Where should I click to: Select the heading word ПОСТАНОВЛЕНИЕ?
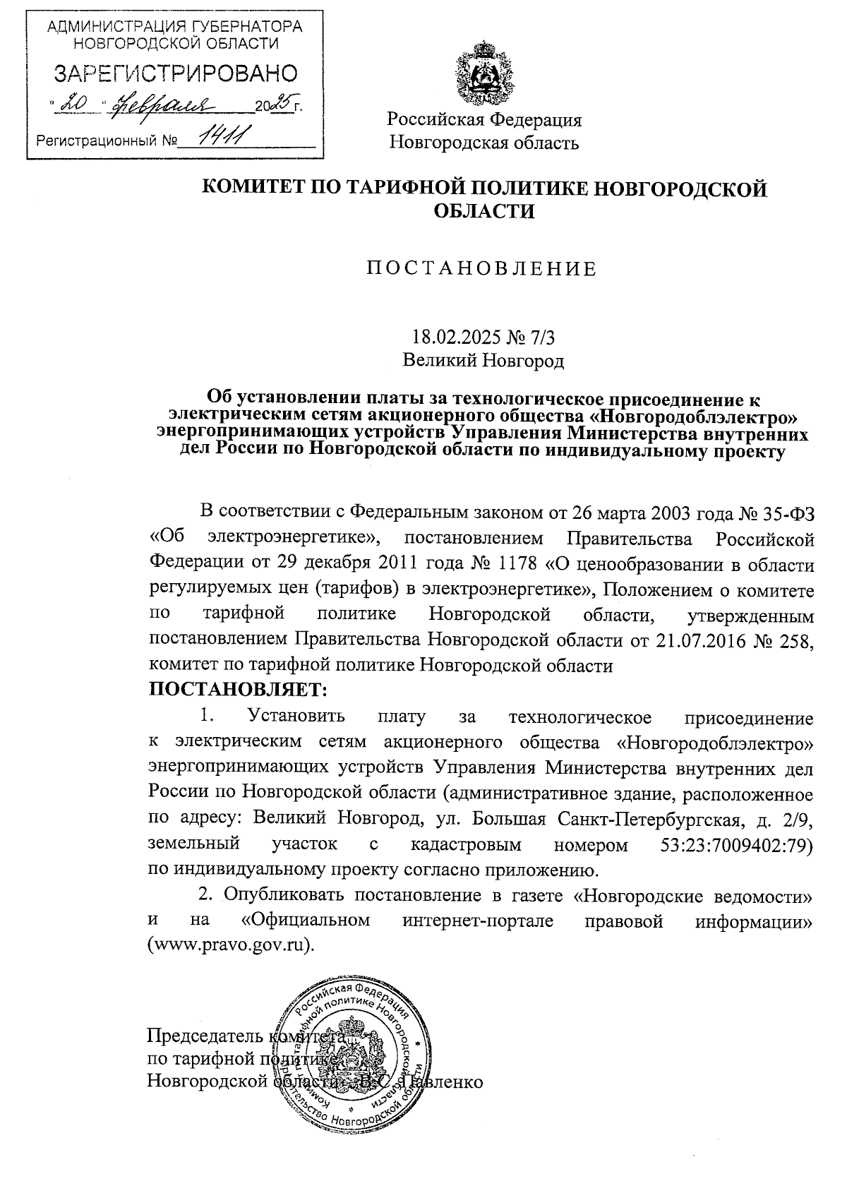coord(481,269)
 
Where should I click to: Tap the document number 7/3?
coord(550,337)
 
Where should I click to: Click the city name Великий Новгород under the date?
coord(483,361)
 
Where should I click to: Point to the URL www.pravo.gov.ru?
coord(229,946)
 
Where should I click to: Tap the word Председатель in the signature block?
coord(203,1036)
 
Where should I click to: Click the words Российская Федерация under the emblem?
coord(484,119)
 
